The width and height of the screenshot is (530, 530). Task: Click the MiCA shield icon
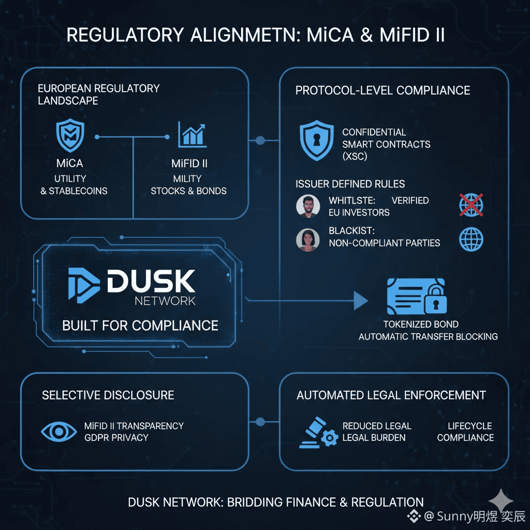pyautogui.click(x=69, y=136)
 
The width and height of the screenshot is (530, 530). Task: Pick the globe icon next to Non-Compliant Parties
pyautogui.click(x=471, y=240)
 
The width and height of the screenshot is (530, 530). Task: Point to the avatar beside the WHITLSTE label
pyautogui.click(x=308, y=206)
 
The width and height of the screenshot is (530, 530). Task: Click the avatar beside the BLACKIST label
pyautogui.click(x=308, y=240)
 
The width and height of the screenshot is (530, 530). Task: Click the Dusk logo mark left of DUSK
pyautogui.click(x=83, y=284)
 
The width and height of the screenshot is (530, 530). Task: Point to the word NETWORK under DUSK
pyautogui.click(x=165, y=300)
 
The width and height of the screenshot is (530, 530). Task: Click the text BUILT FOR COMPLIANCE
pyautogui.click(x=140, y=326)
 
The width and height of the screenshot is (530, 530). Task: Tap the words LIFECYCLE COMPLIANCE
pyautogui.click(x=465, y=432)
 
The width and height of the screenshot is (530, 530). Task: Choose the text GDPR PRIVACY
pyautogui.click(x=116, y=437)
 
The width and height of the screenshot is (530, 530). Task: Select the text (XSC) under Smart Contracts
pyautogui.click(x=355, y=156)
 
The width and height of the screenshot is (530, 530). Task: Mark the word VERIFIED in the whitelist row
pyautogui.click(x=410, y=200)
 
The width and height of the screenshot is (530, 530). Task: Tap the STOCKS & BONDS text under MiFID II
pyautogui.click(x=188, y=190)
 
